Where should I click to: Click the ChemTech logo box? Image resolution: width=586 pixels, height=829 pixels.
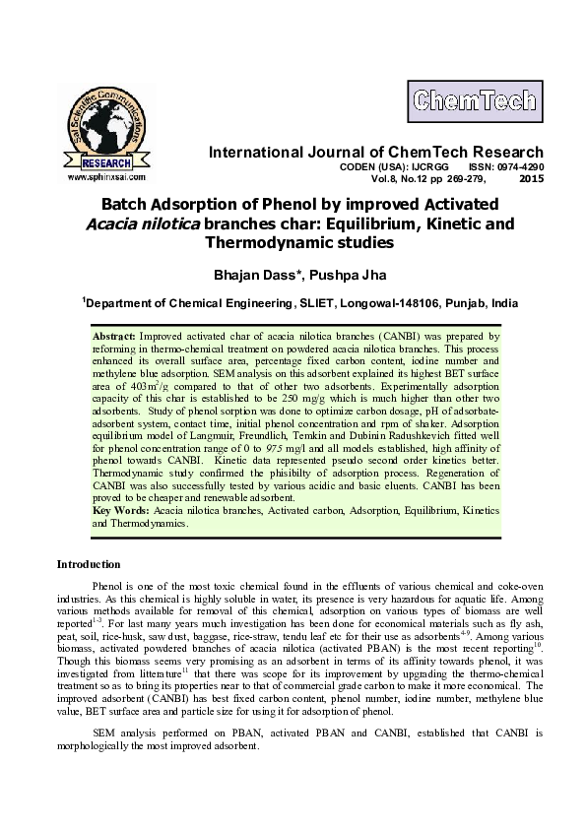[475, 99]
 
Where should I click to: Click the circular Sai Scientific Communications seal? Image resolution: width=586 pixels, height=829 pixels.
[107, 129]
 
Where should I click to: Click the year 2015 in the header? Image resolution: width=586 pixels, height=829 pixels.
[530, 180]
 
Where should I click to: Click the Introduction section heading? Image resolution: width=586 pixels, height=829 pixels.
[89, 565]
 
